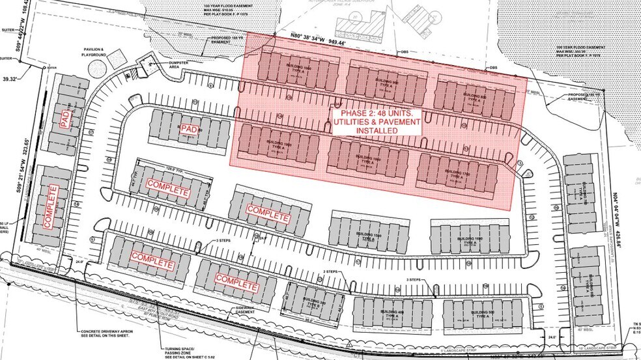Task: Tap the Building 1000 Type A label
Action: [284, 72]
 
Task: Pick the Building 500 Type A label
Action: [475, 314]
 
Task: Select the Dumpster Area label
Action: [165, 64]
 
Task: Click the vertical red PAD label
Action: [64, 118]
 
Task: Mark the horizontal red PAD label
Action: [190, 129]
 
